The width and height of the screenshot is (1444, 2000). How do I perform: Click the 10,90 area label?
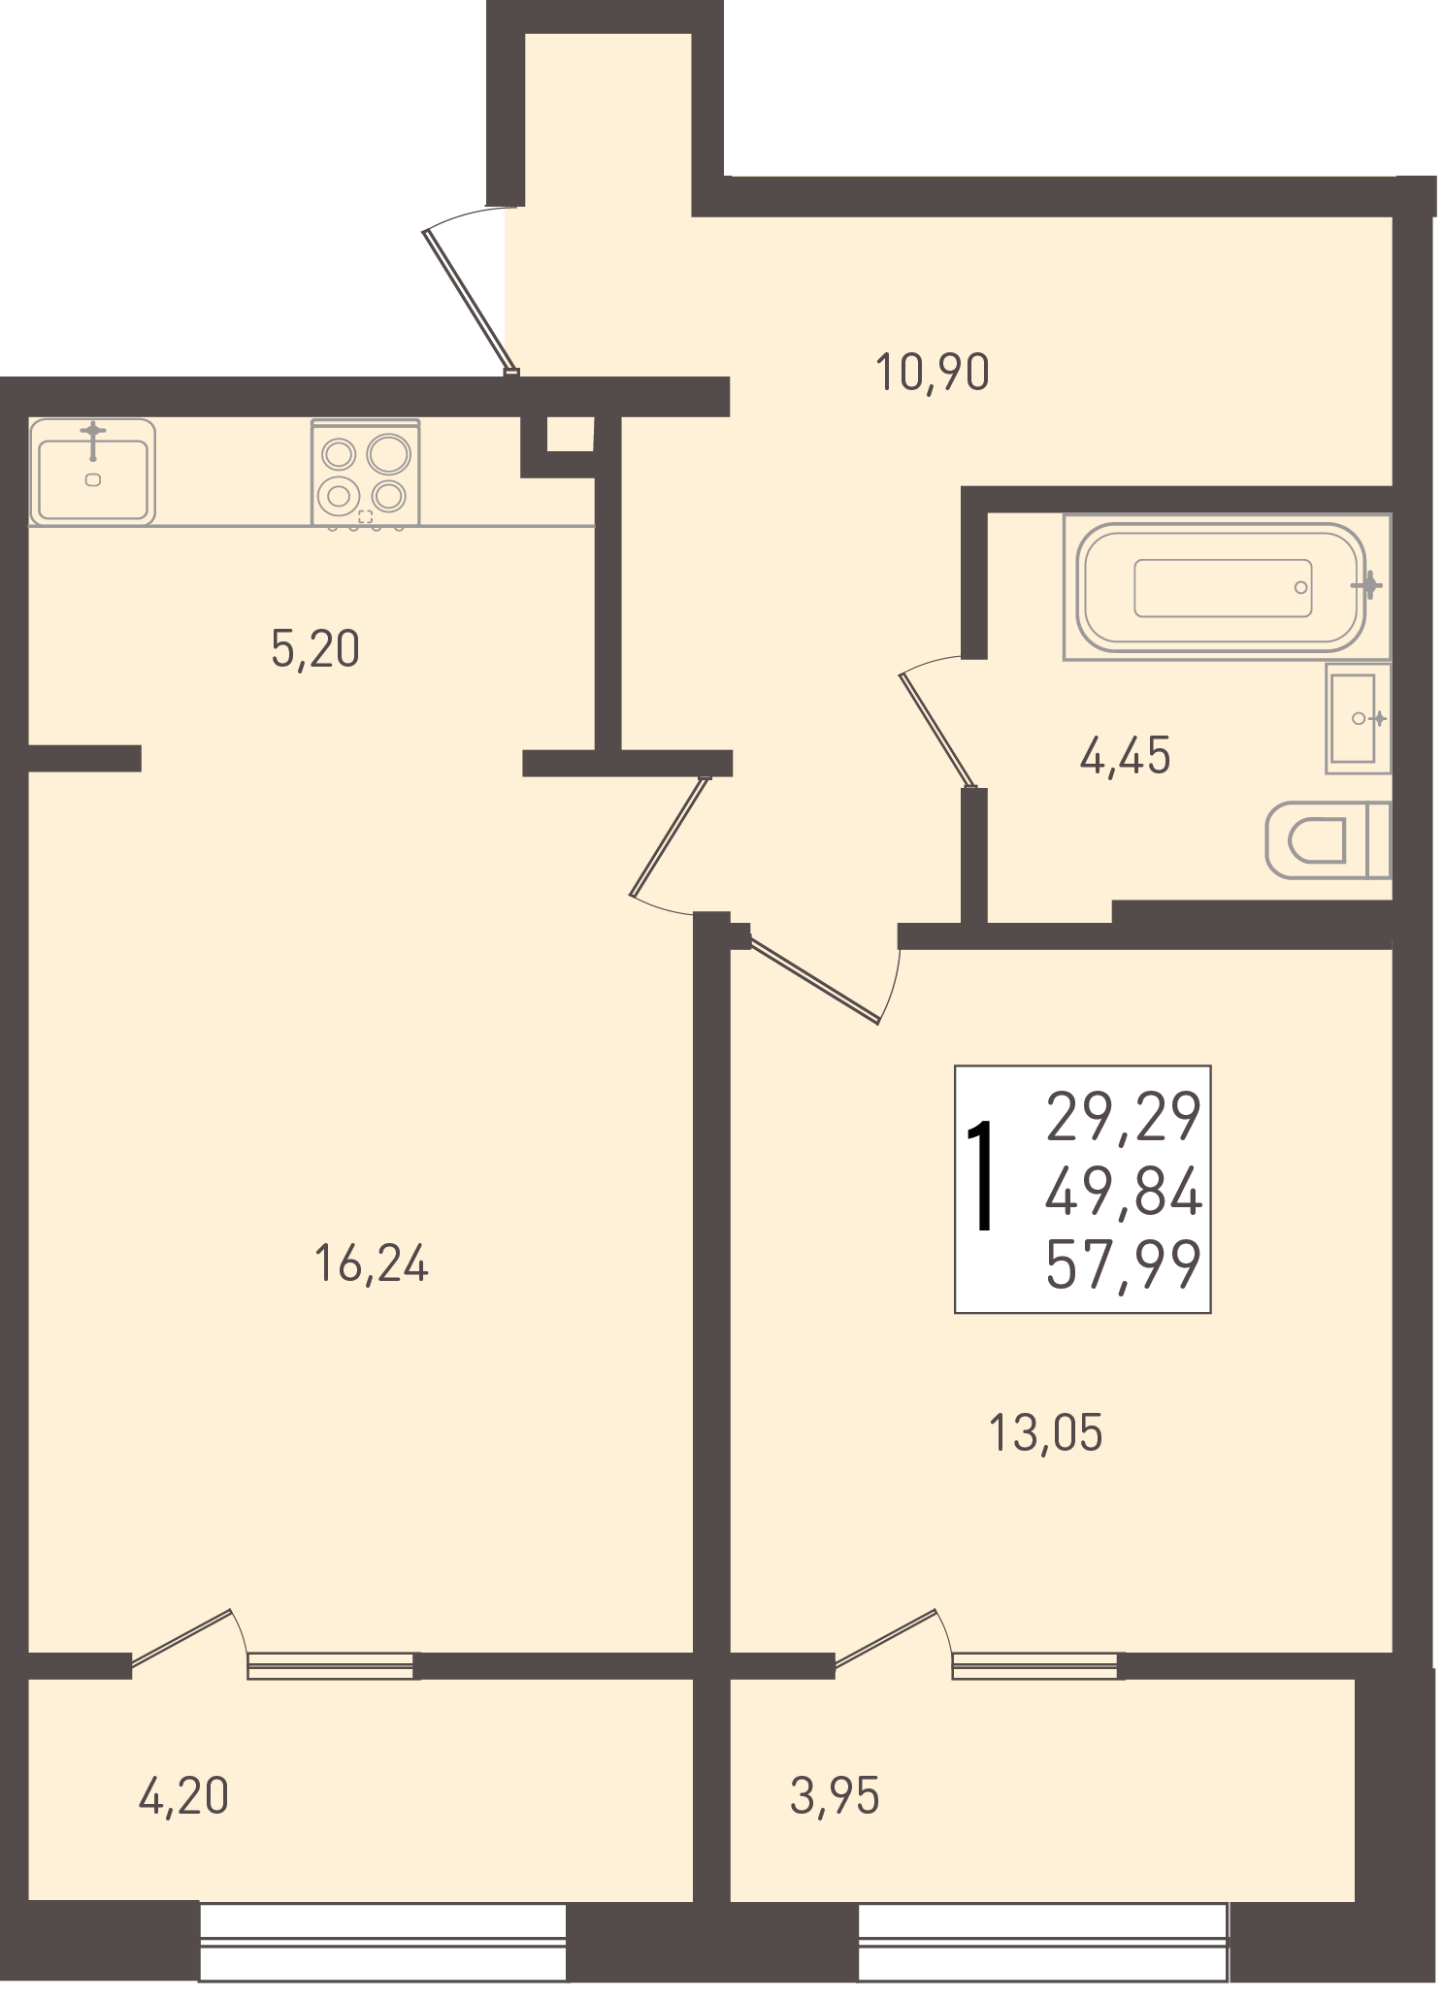(933, 373)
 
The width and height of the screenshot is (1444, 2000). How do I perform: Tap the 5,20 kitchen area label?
(315, 649)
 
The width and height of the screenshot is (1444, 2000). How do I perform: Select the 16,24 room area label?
(372, 1264)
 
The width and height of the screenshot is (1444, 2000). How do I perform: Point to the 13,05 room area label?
(1046, 1433)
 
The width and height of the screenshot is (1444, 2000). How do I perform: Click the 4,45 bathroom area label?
(1126, 756)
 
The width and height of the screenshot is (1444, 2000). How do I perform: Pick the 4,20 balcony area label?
(184, 1796)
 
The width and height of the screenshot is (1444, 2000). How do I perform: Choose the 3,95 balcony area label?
(836, 1796)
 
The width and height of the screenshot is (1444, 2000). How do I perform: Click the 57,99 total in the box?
(1124, 1264)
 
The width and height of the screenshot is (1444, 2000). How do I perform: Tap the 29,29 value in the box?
(1124, 1117)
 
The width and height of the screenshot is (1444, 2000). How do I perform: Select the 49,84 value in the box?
(1124, 1192)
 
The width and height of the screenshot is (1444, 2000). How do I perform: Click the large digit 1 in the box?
(982, 1175)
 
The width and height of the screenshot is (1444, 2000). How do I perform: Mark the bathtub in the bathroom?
(1227, 587)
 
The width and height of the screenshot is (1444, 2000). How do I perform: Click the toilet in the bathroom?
(1329, 840)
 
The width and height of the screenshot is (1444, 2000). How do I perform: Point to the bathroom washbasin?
(1358, 718)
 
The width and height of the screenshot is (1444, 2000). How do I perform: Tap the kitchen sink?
(92, 472)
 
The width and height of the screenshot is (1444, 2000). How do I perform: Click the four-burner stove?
(365, 474)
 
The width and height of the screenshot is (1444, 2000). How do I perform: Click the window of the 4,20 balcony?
(382, 1941)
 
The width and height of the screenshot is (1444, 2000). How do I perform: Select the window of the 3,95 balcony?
(1043, 1941)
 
